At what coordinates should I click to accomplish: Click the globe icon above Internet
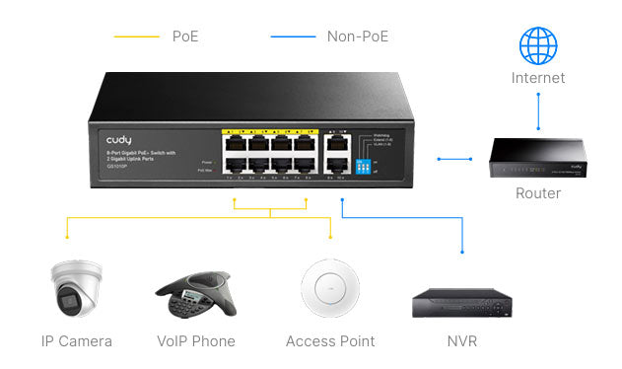[538, 45]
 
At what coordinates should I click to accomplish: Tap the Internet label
[538, 78]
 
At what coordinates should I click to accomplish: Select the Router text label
[538, 193]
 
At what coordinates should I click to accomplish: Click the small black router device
[537, 158]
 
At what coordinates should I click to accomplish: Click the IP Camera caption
[77, 341]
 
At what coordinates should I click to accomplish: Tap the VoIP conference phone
[195, 293]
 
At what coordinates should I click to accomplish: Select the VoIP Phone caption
[196, 341]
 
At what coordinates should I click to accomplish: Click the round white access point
[329, 288]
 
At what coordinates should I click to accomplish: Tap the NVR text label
[462, 341]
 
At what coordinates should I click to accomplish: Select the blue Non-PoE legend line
[293, 37]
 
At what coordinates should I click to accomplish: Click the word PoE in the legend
[186, 37]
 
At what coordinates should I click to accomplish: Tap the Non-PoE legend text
[357, 37]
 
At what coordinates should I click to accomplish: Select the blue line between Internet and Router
[538, 111]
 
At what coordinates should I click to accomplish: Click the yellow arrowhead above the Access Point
[330, 236]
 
